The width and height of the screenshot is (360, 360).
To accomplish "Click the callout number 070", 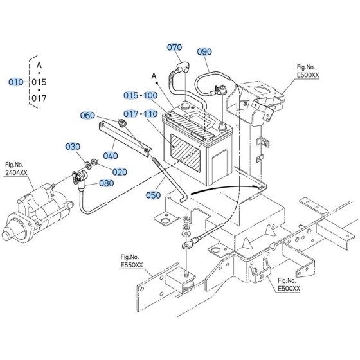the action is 174,48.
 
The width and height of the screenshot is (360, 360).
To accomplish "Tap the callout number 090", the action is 204,52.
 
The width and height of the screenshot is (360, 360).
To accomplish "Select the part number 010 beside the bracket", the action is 16,82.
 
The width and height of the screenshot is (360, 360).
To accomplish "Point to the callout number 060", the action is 87,115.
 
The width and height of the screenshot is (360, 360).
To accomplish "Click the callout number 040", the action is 111,156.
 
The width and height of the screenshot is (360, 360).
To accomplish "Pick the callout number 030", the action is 73,147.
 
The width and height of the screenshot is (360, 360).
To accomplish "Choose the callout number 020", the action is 120,172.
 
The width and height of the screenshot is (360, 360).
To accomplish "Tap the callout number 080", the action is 107,183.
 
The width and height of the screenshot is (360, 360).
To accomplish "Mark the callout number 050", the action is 153,195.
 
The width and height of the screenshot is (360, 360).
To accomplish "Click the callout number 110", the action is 150,114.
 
